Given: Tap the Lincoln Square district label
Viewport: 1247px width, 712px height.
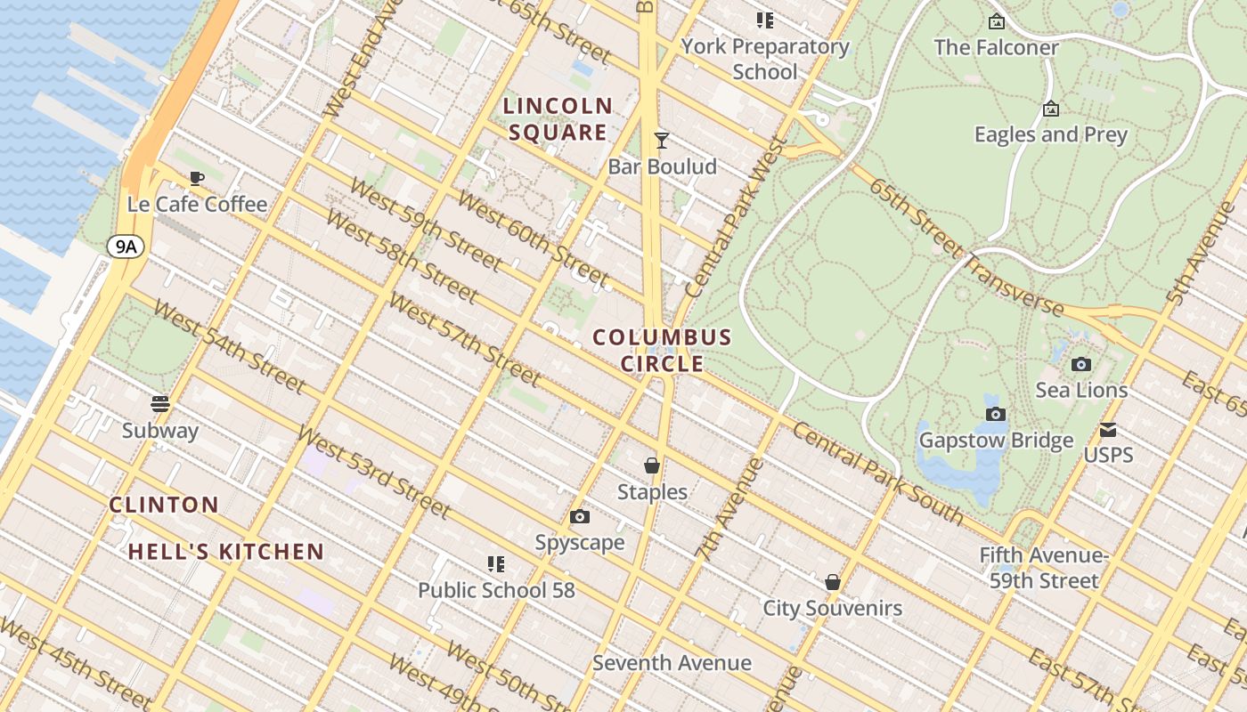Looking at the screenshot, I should click(558, 119).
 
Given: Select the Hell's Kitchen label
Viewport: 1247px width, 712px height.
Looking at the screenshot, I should click(225, 552).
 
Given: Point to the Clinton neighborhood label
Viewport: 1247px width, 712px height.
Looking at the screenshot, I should click(164, 505).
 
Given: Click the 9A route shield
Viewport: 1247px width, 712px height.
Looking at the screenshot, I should click(126, 247).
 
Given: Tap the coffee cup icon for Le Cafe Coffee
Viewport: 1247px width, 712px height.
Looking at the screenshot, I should click(197, 179).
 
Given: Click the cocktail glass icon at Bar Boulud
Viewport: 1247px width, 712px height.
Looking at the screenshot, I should click(662, 140).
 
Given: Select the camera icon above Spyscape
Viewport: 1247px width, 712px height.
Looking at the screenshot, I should click(580, 516).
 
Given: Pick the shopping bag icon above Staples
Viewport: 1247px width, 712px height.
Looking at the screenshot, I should click(652, 465).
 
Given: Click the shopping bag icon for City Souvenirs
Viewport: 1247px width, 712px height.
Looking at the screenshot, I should click(833, 582).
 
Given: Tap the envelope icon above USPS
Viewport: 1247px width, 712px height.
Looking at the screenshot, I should click(1108, 430).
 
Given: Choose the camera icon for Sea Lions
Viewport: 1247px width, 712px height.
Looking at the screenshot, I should click(1081, 364).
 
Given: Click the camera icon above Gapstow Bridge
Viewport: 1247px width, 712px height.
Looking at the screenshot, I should click(996, 414).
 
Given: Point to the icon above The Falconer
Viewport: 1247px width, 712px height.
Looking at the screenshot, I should click(996, 21).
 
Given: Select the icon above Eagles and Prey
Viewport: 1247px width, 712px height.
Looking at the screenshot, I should click(1051, 109).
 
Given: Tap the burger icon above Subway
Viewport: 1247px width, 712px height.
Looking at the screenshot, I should click(160, 404).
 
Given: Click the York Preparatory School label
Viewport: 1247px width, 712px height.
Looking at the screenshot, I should click(765, 59).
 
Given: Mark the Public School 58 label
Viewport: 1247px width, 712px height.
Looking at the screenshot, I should click(496, 590).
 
